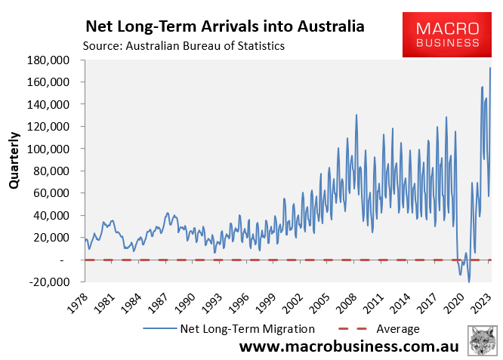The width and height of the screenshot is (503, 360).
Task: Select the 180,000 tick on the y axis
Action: pos(48,60)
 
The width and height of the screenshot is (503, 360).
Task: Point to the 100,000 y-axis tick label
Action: pos(48,149)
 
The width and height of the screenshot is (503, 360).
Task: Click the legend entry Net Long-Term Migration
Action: pos(227,329)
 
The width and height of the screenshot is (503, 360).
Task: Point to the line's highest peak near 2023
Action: pos(491,68)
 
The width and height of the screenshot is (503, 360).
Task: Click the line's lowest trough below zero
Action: pos(469,282)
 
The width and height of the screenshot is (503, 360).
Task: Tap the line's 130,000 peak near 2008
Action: pos(356,115)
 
